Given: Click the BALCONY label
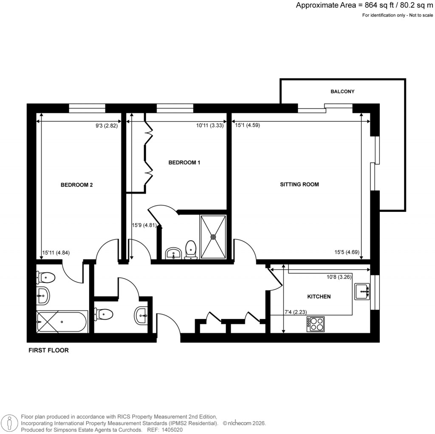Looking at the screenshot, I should [342, 91].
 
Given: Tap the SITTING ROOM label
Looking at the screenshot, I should [299, 185].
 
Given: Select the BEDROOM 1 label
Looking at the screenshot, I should [184, 163].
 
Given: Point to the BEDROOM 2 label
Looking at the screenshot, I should [76, 185].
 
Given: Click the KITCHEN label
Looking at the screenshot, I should [319, 297].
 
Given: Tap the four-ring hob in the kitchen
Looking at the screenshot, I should [316, 324].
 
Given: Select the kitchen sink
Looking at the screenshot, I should [362, 291].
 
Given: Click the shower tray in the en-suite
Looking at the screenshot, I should [213, 237].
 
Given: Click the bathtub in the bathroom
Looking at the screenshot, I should [62, 322].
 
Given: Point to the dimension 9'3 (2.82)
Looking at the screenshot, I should [106, 126].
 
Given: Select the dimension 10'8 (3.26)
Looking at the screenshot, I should [339, 277].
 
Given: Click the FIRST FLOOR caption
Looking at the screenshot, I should [48, 351].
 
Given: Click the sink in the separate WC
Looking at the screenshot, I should [142, 315].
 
